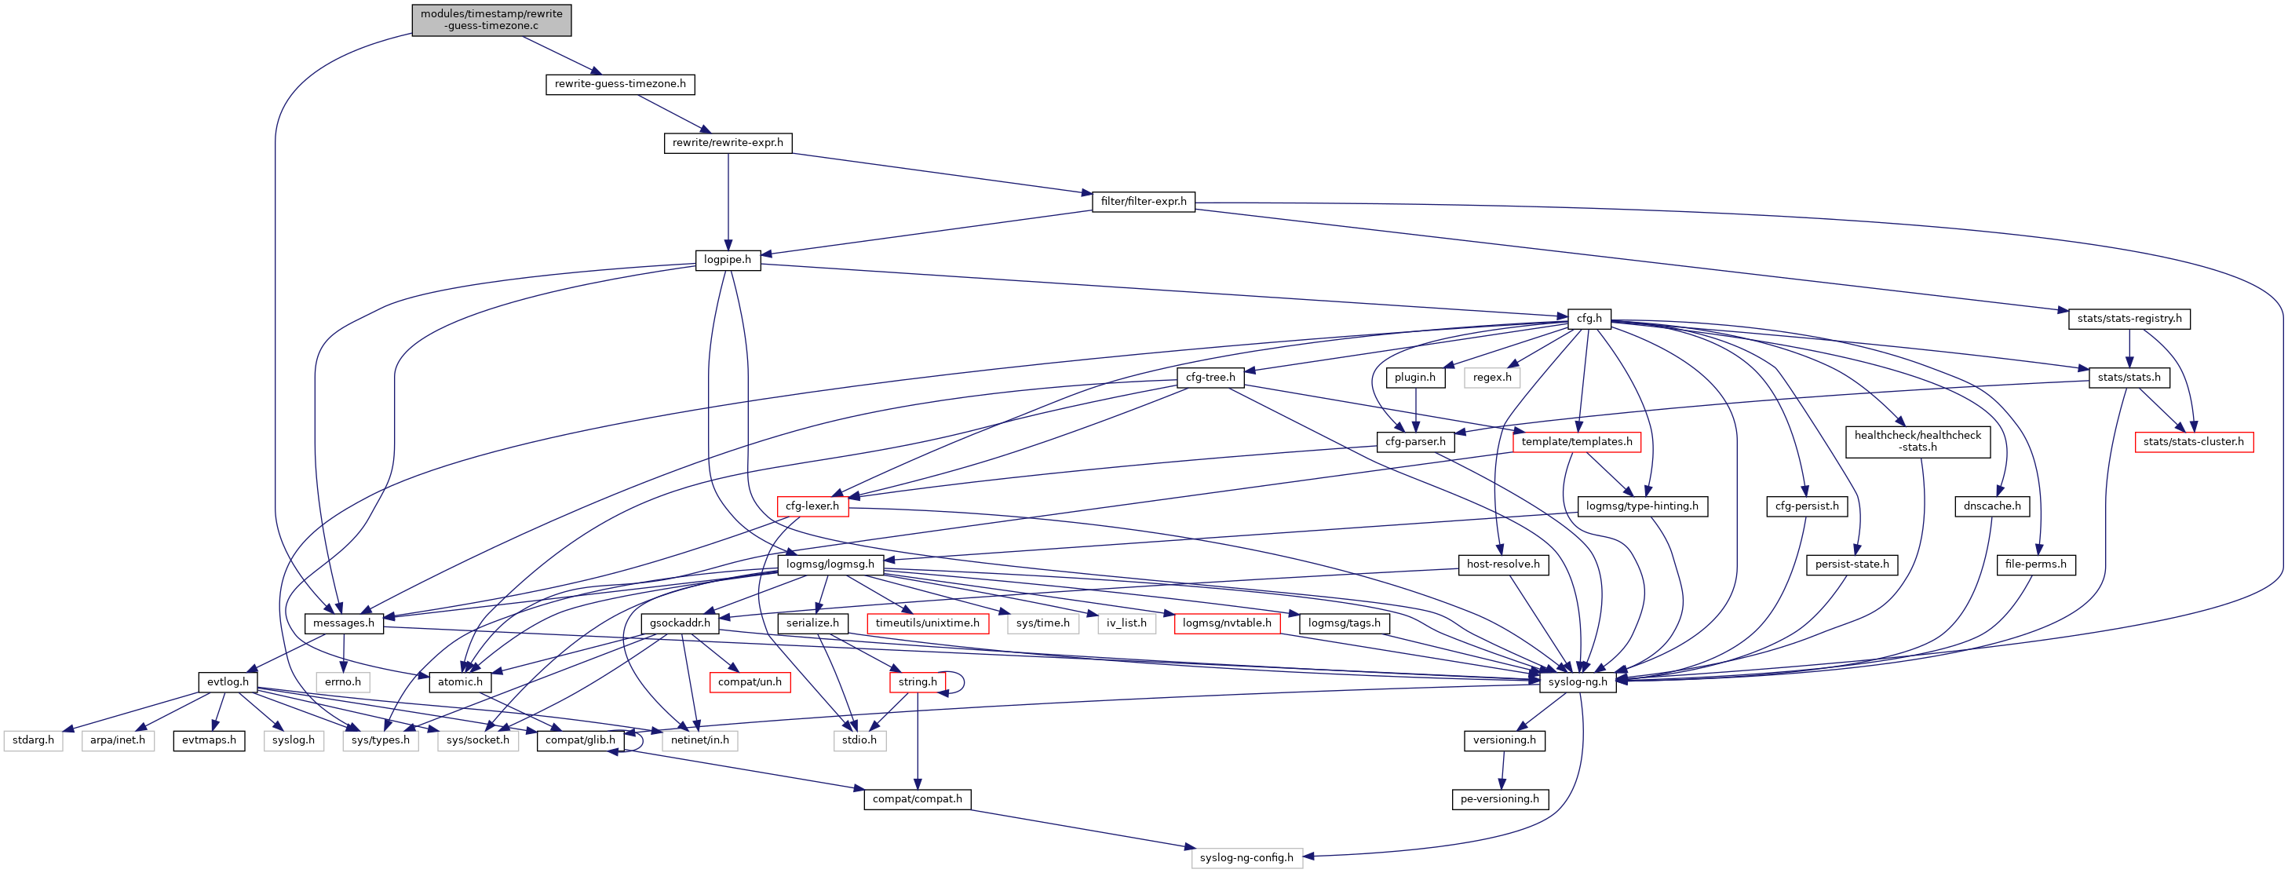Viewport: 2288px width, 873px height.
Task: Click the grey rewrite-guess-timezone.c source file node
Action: point(491,20)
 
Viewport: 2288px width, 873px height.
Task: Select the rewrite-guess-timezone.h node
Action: point(620,84)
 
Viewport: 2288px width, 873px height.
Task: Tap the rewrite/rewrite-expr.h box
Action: point(728,143)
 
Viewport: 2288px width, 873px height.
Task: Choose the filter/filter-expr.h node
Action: point(1143,202)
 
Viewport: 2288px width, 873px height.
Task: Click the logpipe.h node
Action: point(728,260)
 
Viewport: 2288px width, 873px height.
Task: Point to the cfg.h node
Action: point(1589,319)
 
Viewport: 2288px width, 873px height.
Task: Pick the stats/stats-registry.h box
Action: point(2129,319)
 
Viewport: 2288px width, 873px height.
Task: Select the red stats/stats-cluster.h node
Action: point(2193,442)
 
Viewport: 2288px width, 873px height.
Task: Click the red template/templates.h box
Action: point(1575,442)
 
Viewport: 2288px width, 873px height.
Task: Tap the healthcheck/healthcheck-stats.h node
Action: point(1918,441)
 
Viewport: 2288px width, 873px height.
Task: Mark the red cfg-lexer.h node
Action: point(812,506)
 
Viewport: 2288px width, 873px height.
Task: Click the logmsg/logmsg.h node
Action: point(830,564)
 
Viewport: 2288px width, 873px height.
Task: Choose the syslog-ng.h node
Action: point(1578,682)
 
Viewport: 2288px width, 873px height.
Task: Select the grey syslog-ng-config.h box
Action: point(1246,858)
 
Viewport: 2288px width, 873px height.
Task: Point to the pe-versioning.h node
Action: point(1499,799)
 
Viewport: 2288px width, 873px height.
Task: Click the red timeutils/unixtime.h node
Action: point(926,623)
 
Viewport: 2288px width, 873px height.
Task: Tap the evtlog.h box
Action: point(228,682)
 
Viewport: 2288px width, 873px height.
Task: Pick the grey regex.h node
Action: point(1491,378)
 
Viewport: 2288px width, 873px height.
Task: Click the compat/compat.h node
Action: point(917,799)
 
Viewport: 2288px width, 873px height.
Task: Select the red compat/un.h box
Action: point(750,682)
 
